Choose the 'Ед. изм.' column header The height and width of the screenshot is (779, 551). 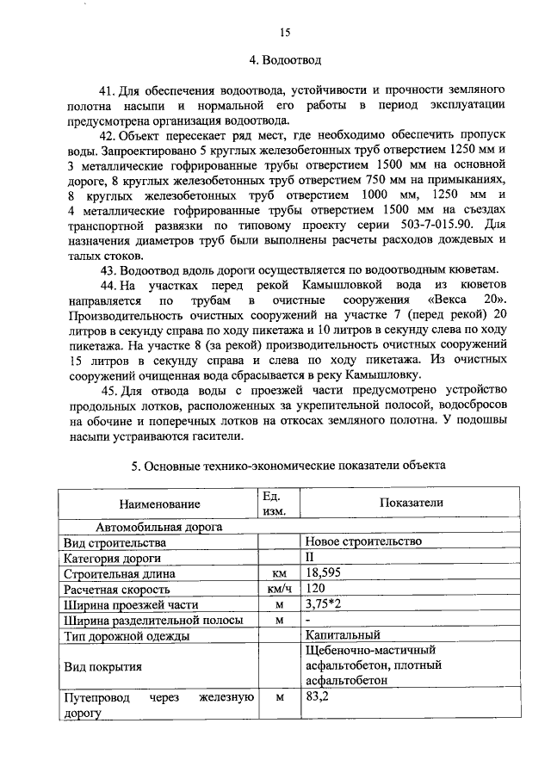click(x=278, y=504)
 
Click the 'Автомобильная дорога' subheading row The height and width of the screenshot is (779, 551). click(x=159, y=526)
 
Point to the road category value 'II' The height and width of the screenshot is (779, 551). click(x=311, y=557)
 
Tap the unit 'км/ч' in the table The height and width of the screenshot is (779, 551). click(x=278, y=590)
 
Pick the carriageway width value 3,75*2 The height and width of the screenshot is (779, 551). click(x=324, y=605)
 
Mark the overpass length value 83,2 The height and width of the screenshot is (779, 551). click(x=318, y=699)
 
